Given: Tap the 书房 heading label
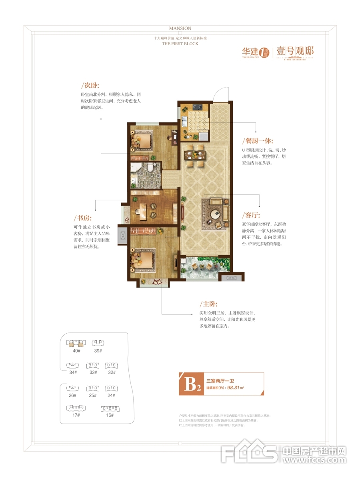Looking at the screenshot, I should (x=83, y=218).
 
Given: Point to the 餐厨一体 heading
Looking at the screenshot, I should (x=257, y=141).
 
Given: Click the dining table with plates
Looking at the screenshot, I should (x=195, y=154).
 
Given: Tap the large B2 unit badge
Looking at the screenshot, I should (x=192, y=384).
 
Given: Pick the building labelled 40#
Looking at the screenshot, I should (x=76, y=343).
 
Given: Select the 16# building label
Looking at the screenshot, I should (x=110, y=415).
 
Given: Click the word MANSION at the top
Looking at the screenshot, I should (x=180, y=28).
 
